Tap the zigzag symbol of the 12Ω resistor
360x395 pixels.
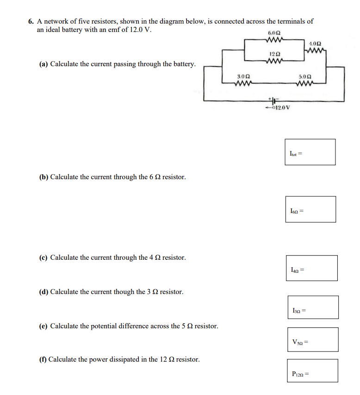point(274,60)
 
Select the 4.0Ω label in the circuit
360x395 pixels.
point(316,43)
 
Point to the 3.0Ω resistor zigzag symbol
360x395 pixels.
point(243,84)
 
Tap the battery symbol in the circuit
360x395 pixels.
point(273,100)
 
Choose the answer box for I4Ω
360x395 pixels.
point(311,268)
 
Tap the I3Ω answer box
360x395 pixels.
point(312,307)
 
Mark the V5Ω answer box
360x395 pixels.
point(312,339)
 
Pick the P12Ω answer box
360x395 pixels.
point(312,371)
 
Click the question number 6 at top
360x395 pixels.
point(30,21)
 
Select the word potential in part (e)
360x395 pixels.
point(107,326)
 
